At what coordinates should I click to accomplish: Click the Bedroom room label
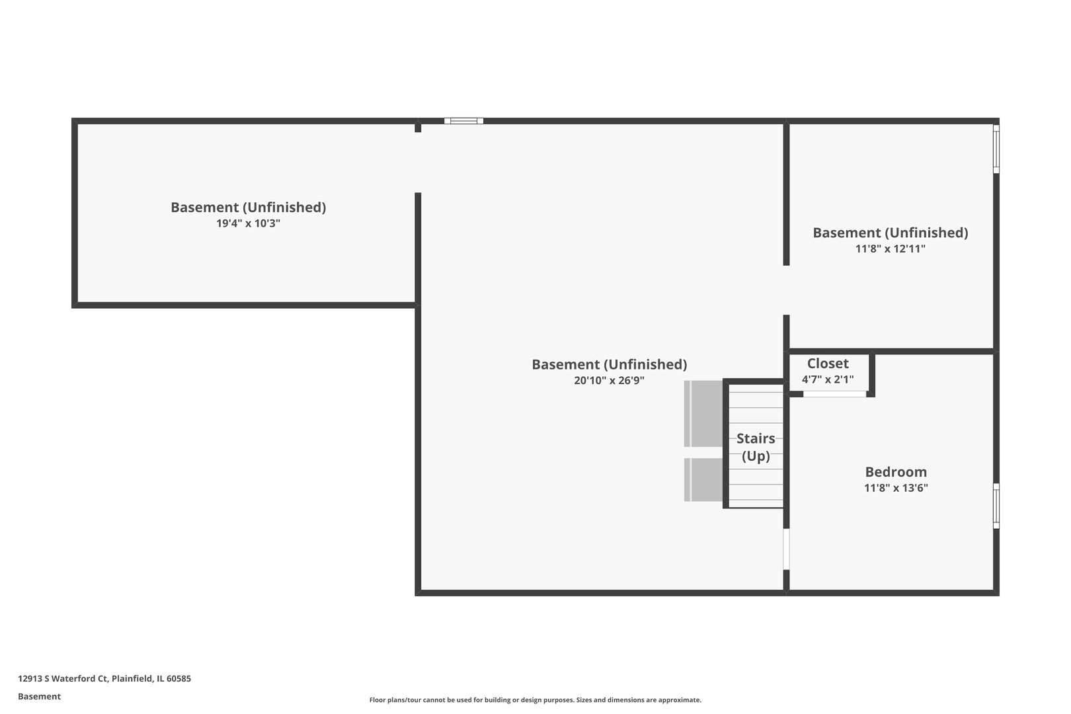pos(896,472)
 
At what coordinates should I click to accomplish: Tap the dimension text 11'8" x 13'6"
pos(896,489)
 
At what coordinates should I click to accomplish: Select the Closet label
pos(828,364)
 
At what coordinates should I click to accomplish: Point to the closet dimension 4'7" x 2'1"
pos(828,380)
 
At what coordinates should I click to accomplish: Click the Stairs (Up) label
pos(756,447)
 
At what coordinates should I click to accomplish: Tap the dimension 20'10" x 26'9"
pos(609,381)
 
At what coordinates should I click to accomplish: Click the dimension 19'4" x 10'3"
pos(248,223)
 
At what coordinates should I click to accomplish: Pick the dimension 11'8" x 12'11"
pos(890,249)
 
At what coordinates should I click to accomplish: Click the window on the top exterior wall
pos(463,121)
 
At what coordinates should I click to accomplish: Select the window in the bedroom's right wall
pos(996,506)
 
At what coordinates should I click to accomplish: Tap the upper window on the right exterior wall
pos(996,149)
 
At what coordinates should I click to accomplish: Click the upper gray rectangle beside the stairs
pos(704,414)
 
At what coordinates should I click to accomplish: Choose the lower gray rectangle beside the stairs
pos(704,480)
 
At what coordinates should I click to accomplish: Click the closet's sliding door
pos(834,394)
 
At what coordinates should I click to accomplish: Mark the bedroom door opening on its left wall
pos(786,549)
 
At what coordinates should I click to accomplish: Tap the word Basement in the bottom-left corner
pos(39,696)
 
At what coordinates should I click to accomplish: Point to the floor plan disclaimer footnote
pos(535,700)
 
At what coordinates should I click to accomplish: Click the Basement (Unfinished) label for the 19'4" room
pos(248,208)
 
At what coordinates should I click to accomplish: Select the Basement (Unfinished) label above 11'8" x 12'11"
pos(890,233)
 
